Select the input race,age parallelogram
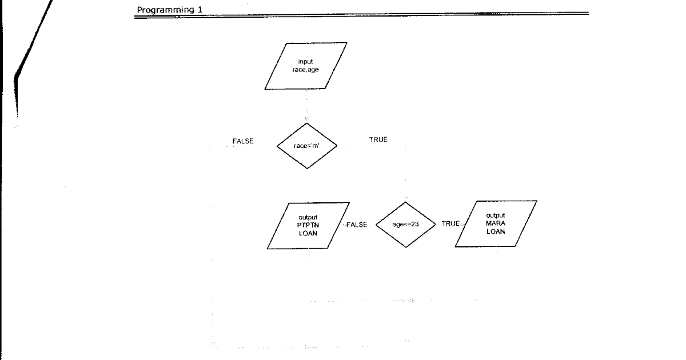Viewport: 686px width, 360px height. [x=306, y=66]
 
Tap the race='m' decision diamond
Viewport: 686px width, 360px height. [x=307, y=146]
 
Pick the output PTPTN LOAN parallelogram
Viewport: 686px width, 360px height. [x=308, y=225]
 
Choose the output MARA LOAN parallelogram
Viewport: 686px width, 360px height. [x=496, y=223]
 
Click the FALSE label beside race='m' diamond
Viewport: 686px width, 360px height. [x=242, y=141]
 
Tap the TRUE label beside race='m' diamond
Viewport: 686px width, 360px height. [x=378, y=141]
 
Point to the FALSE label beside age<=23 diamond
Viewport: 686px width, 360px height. [x=357, y=225]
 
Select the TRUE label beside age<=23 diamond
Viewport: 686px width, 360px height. [x=450, y=224]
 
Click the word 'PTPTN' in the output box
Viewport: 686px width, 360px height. [x=308, y=225]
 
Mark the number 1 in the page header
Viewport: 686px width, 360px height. [x=192, y=9]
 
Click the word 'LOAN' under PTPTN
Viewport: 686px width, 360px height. [x=308, y=233]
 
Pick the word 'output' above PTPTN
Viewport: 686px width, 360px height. [x=308, y=218]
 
